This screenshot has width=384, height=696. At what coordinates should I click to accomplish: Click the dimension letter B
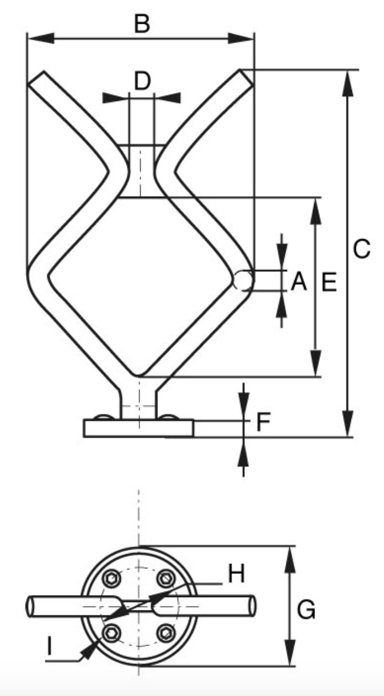pos(142,24)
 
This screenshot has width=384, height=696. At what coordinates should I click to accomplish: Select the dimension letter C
pos(361,249)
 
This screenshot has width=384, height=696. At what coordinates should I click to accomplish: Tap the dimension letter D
pos(142,81)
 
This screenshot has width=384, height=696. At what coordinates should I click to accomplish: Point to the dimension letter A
pos(298,282)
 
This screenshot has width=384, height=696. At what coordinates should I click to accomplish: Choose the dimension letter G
pos(306,610)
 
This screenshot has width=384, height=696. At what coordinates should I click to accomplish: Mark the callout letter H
pos(236,574)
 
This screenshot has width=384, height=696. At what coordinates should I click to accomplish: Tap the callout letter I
pos(50,645)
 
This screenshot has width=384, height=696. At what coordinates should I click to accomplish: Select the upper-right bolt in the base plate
pos(165,578)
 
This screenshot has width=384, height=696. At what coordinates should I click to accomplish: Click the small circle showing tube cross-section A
pos(243,281)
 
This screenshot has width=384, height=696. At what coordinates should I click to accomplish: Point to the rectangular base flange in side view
pos(138,429)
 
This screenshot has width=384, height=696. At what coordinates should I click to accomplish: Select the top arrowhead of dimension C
pos(348,81)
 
